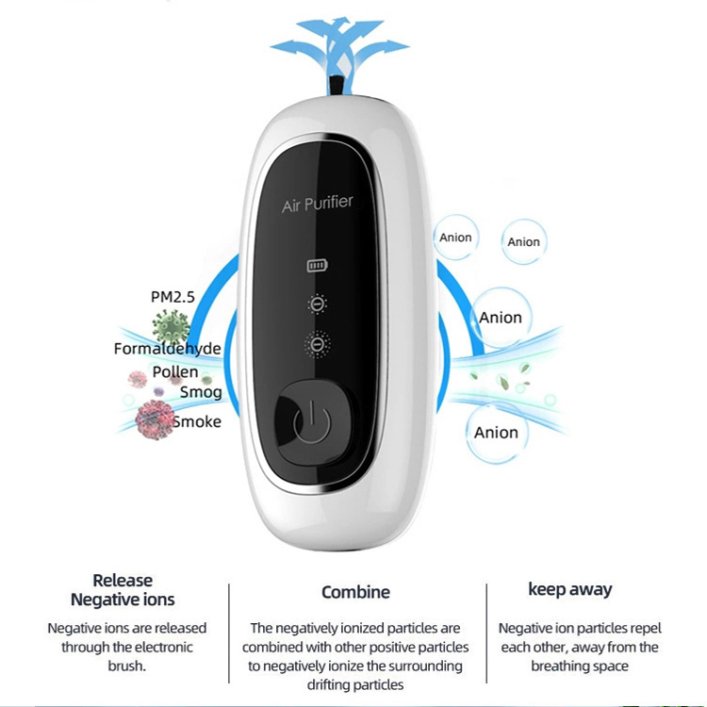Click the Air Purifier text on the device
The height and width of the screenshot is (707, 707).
[x=317, y=204]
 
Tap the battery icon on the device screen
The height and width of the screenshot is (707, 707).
[x=317, y=266]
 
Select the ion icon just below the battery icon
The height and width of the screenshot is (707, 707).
[x=317, y=304]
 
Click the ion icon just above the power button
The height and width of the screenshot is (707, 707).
[x=318, y=344]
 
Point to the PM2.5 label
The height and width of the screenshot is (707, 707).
[x=173, y=297]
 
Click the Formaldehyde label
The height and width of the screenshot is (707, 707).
[x=167, y=349]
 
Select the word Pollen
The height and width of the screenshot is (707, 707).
[x=175, y=372]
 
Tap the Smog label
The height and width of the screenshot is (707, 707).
[x=201, y=392]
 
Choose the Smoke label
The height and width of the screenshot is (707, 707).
[x=197, y=421]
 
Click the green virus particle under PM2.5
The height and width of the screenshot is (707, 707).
[x=171, y=325]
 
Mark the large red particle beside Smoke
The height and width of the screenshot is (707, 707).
[x=155, y=419]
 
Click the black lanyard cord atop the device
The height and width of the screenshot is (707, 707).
[x=336, y=86]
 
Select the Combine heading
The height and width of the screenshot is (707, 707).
[x=355, y=592]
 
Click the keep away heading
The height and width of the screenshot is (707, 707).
[x=570, y=589]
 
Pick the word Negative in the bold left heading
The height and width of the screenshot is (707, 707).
[x=100, y=600]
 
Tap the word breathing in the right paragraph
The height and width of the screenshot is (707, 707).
[x=556, y=666]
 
